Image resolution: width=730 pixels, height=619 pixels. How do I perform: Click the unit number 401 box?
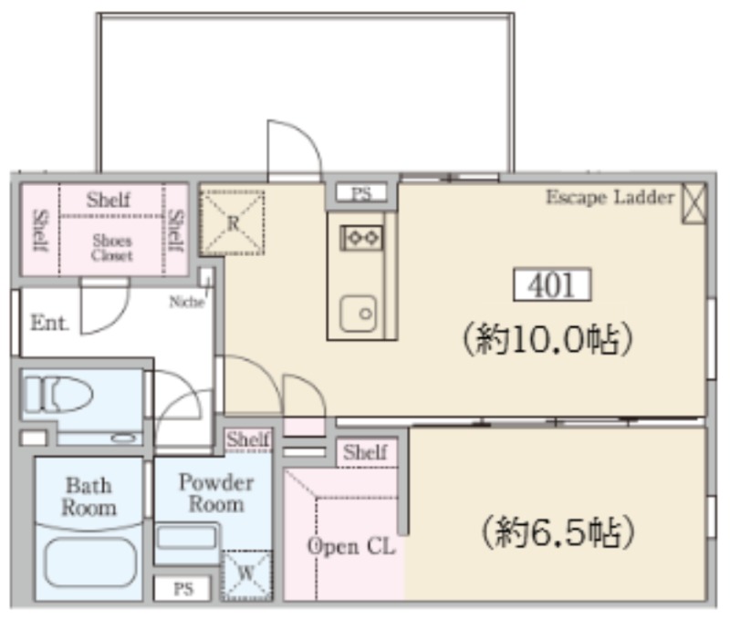click(x=552, y=284)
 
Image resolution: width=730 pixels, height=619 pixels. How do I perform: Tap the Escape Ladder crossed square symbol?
click(x=694, y=203)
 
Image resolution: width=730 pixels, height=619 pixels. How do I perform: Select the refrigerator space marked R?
click(x=233, y=222)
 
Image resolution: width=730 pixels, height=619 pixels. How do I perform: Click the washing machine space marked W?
click(x=245, y=575)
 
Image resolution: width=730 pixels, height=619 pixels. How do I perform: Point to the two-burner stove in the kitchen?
click(x=361, y=238)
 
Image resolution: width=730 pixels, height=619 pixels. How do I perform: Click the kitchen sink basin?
click(x=358, y=314)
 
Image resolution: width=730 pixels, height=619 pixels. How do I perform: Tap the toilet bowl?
click(x=59, y=395)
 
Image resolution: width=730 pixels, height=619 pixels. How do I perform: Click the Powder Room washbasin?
click(x=187, y=538)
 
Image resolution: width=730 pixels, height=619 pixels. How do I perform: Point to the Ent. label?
click(x=49, y=323)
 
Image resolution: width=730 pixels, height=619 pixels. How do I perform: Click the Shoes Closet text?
click(x=112, y=248)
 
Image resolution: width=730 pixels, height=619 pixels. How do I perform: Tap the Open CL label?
click(x=351, y=546)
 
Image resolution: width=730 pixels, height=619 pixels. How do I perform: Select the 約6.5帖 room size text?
click(x=558, y=533)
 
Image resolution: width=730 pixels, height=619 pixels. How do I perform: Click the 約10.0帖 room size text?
click(x=547, y=338)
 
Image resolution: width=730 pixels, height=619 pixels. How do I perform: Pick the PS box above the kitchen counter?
click(x=361, y=193)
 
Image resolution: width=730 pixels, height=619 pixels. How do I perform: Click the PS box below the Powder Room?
click(x=183, y=589)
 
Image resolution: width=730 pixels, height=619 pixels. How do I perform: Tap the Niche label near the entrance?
click(x=187, y=302)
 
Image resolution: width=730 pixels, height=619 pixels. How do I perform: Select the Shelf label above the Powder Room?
click(x=248, y=439)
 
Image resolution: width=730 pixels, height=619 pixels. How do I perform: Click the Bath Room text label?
click(x=89, y=497)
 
